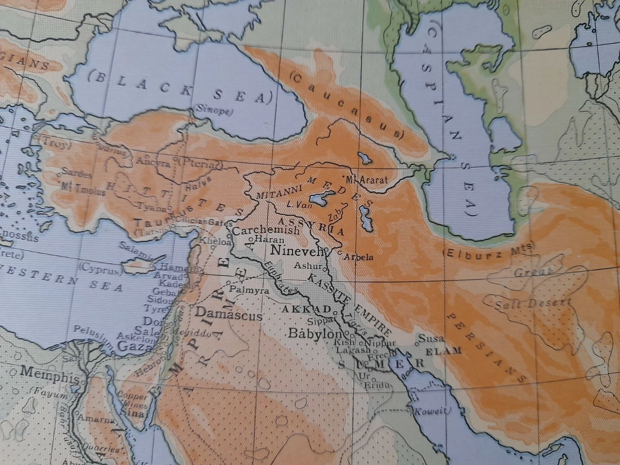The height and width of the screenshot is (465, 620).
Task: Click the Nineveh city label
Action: [x=297, y=252]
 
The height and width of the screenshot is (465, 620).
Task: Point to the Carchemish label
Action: [x=266, y=230]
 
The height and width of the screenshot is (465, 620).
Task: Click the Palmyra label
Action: [x=250, y=290]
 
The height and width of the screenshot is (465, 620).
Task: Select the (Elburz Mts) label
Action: [x=488, y=250]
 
